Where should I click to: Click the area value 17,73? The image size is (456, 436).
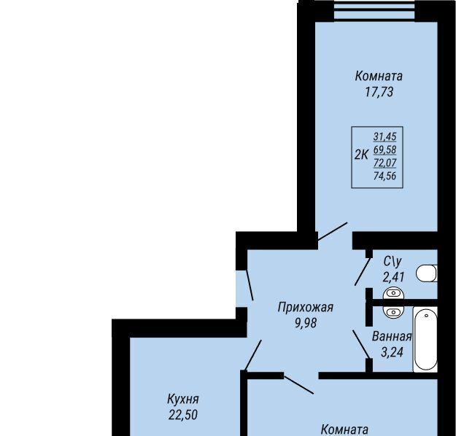(379, 92)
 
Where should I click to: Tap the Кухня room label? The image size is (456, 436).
(183, 400)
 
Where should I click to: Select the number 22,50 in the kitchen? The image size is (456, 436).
(183, 415)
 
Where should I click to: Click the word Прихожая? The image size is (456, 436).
(306, 307)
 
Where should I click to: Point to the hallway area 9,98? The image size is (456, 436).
(306, 323)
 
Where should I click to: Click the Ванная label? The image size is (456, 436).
(392, 337)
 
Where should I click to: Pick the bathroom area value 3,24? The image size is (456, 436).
(392, 352)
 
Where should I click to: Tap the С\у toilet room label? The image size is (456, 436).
(393, 262)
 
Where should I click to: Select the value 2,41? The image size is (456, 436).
(393, 277)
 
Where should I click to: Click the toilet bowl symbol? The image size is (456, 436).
(427, 273)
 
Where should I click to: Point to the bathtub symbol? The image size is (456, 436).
(425, 339)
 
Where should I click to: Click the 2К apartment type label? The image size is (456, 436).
(361, 155)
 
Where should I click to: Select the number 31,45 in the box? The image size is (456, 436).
(384, 136)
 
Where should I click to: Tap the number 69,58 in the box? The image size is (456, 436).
(384, 149)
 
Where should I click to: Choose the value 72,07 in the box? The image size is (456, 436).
(384, 163)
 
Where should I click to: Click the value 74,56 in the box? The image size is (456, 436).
(384, 176)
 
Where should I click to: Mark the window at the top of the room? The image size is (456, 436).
(374, 11)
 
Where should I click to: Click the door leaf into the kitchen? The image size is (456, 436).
(252, 355)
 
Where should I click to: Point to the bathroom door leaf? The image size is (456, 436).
(361, 344)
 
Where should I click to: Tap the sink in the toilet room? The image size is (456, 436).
(393, 293)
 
